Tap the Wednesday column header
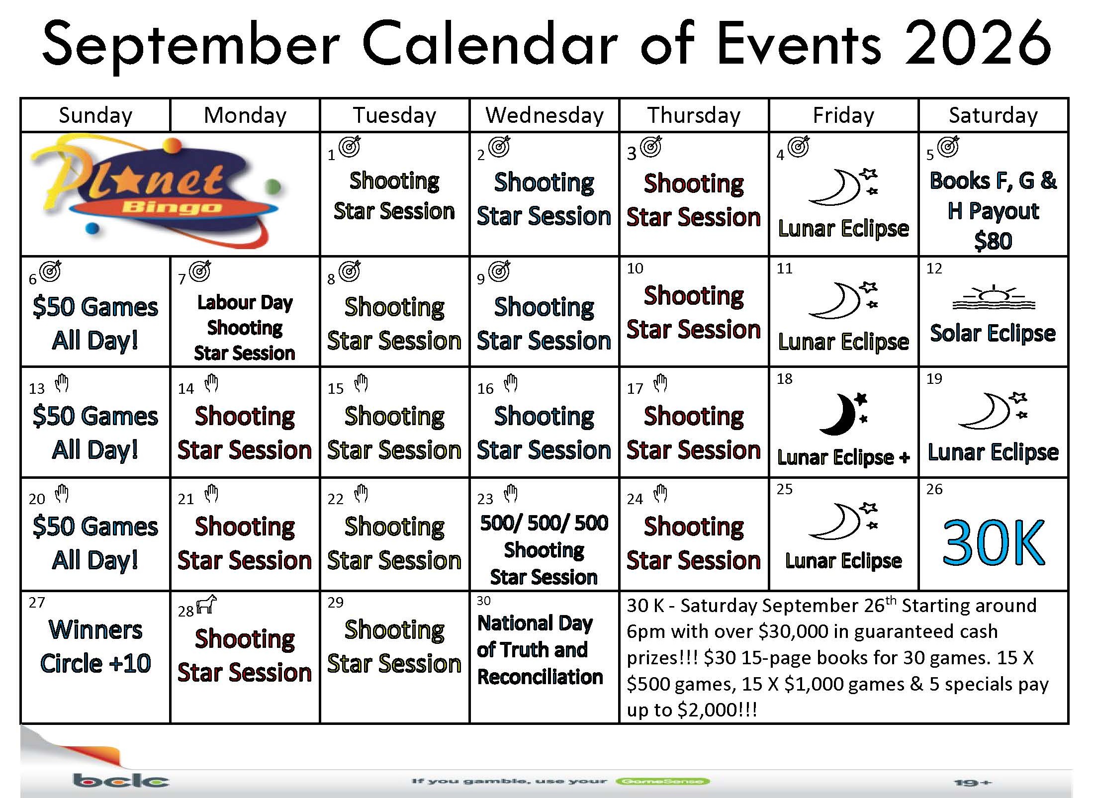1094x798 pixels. tap(545, 115)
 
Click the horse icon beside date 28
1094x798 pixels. tap(207, 605)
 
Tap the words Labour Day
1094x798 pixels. tap(245, 302)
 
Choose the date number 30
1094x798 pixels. tap(483, 601)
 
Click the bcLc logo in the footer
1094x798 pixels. tap(121, 781)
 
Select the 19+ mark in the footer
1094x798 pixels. tap(973, 783)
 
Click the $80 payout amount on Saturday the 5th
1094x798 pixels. tap(993, 241)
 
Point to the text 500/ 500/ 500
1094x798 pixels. tap(544, 523)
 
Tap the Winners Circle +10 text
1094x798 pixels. tap(95, 646)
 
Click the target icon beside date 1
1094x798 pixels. tap(350, 147)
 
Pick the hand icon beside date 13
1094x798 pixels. tap(62, 383)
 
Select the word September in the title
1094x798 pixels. tap(191, 47)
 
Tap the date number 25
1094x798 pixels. tap(784, 489)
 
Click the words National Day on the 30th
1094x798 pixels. tap(535, 623)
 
